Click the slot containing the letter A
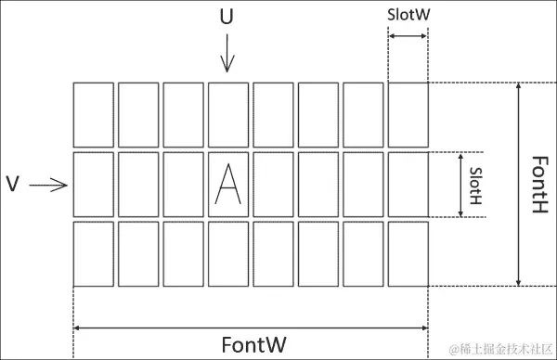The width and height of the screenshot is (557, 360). click(228, 185)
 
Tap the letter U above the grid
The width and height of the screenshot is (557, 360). click(227, 17)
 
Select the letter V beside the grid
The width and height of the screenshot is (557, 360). click(13, 185)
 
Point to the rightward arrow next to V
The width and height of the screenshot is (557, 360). click(49, 186)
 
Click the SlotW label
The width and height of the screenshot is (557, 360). click(408, 15)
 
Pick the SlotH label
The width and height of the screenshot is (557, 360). click(475, 185)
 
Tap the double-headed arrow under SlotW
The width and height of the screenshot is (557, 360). click(408, 35)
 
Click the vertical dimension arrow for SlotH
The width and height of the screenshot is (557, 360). click(460, 185)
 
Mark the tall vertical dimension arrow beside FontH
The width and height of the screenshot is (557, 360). click(517, 185)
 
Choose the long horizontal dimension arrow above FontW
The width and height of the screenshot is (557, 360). click(250, 327)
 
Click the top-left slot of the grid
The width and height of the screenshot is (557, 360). click(93, 114)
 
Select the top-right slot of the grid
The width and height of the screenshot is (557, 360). click(408, 114)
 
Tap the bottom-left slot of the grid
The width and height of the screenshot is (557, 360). click(93, 253)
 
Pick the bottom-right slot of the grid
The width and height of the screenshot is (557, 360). click(408, 253)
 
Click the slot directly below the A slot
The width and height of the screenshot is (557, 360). click(228, 253)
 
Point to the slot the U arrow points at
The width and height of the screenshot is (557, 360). click(228, 114)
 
